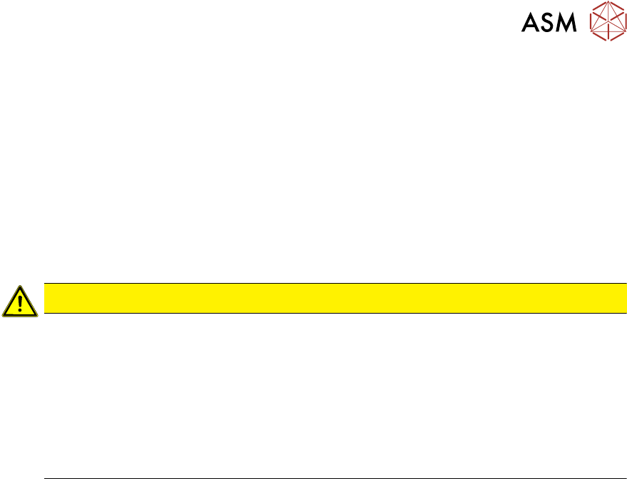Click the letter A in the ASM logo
click(x=531, y=24)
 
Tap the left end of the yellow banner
click(x=46, y=298)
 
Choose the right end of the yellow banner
click(x=625, y=298)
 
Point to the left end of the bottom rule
click(x=45, y=478)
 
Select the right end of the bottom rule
click(x=626, y=478)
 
